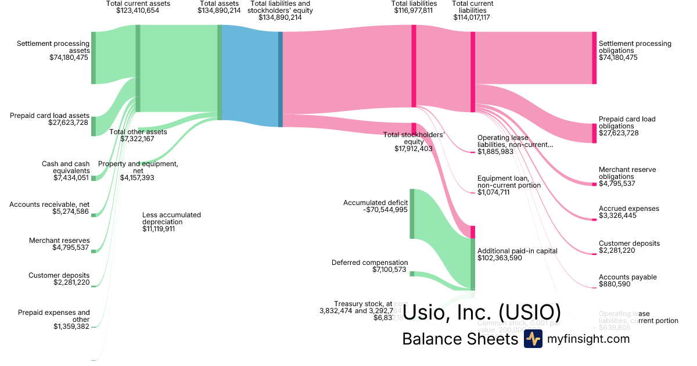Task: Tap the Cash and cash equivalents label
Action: (x=66, y=167)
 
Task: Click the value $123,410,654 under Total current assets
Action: (x=138, y=10)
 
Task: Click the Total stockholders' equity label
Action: (x=414, y=138)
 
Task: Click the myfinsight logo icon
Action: (x=533, y=339)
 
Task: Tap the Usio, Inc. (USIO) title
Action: (x=482, y=312)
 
